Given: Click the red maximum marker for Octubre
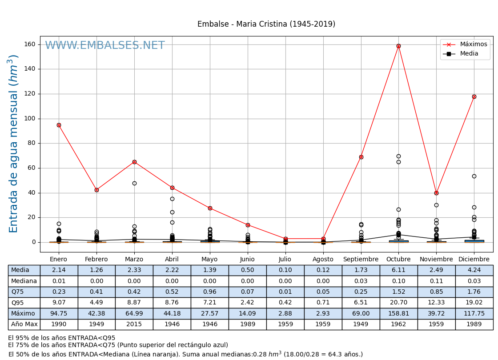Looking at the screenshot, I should (x=398, y=46).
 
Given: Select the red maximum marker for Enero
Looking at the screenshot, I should (x=59, y=125).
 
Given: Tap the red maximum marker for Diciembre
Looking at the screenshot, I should (x=474, y=96).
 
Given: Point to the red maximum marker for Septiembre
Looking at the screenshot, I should (x=361, y=157).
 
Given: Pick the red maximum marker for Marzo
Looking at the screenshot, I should (x=134, y=162).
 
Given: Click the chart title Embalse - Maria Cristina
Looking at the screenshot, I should (x=266, y=24).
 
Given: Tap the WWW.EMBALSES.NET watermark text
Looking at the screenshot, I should (x=105, y=46).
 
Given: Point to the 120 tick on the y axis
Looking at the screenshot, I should (x=30, y=94).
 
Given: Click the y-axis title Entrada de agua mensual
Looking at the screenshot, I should (x=14, y=144).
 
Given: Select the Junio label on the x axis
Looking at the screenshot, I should (x=247, y=260).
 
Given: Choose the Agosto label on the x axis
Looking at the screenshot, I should (x=323, y=260).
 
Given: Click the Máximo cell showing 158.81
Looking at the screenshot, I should (x=398, y=314).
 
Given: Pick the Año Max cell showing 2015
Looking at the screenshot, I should (x=134, y=324).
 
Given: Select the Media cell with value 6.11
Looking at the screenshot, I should (x=398, y=270).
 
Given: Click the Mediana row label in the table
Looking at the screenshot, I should (x=24, y=281).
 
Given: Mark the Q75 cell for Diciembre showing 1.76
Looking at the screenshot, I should (x=474, y=292).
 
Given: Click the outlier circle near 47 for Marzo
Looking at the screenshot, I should (x=134, y=183).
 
